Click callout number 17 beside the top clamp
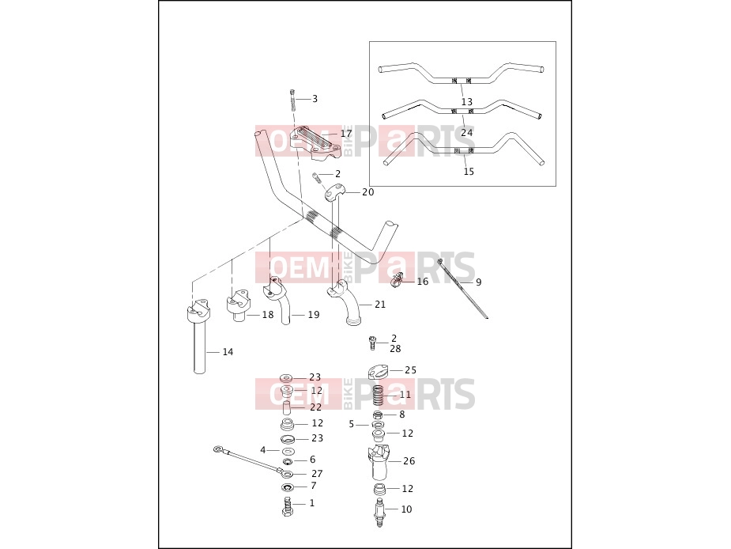point(346,134)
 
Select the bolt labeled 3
point(292,100)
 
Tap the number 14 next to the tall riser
point(228,351)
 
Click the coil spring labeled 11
point(379,396)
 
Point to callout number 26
point(409,460)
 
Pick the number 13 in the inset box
point(467,102)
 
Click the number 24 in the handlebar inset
point(467,133)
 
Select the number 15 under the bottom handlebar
point(469,172)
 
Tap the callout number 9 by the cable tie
point(479,282)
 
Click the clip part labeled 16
point(396,281)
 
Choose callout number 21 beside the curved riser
point(380,305)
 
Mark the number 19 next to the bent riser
point(314,315)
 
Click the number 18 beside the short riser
point(268,315)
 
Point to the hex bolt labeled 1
point(288,506)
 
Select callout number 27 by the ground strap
point(317,473)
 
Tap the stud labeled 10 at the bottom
point(380,513)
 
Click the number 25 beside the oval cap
point(410,370)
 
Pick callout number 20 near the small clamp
point(367,192)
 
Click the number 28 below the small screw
point(395,349)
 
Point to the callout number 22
point(315,407)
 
